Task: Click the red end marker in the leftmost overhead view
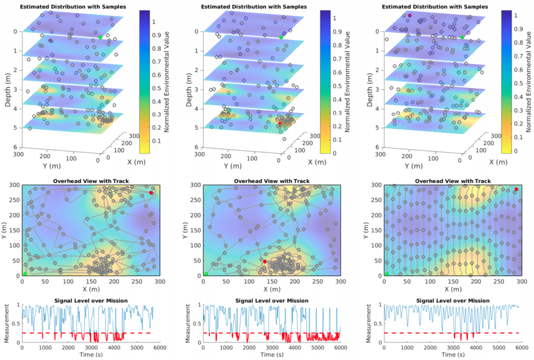151,193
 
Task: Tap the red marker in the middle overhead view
265,261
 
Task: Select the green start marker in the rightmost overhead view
387,273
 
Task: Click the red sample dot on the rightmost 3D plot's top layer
410,16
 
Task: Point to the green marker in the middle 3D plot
281,37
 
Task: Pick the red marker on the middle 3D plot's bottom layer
280,123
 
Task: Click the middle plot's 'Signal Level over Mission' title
272,301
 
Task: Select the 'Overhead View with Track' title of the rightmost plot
452,181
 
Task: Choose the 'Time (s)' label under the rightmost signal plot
452,355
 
